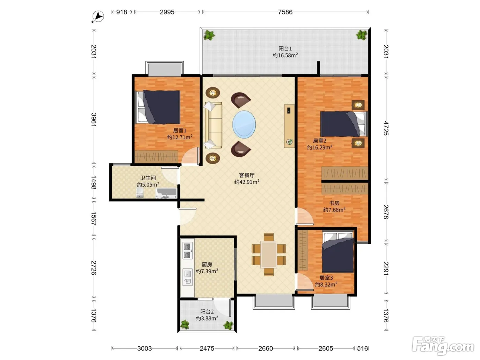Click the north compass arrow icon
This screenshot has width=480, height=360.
(98, 16)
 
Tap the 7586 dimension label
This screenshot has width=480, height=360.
(285, 12)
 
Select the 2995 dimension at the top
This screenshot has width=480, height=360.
(167, 12)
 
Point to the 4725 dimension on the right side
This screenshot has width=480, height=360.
(386, 129)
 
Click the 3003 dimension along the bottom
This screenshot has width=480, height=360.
(144, 348)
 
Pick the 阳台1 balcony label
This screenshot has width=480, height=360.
(285, 49)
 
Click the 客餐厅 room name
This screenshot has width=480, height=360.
(247, 175)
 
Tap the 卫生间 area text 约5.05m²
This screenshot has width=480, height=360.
(148, 184)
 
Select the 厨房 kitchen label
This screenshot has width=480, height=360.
(207, 264)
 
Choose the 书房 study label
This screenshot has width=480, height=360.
(334, 203)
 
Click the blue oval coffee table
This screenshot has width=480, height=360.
(244, 124)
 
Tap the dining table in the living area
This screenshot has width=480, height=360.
(268, 254)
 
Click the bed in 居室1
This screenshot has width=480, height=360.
(158, 107)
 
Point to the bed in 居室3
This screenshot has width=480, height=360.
(338, 252)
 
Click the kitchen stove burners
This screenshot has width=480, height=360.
(187, 251)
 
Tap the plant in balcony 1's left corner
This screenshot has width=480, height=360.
(209, 35)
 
